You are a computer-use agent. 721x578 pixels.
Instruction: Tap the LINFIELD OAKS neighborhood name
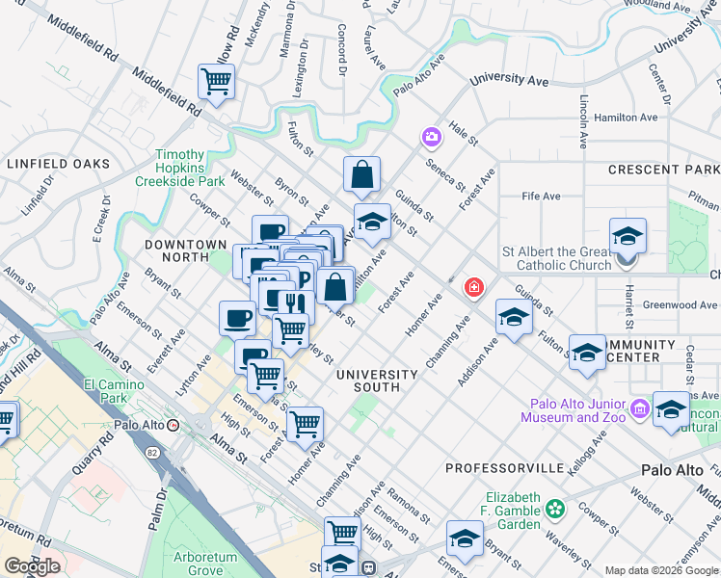58,164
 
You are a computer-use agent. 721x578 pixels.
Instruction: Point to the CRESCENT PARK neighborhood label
663,170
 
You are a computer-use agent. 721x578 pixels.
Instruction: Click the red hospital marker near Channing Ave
473,287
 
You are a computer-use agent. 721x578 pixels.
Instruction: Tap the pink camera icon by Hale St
431,138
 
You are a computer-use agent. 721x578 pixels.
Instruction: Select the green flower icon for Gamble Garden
554,508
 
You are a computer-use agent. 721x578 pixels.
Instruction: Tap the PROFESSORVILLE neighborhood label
505,467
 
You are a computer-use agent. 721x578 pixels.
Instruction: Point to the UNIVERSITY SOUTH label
376,380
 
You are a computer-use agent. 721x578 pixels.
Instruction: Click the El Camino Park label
107,389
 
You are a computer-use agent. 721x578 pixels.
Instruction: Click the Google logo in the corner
31,565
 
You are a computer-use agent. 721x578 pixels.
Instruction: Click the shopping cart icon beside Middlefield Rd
215,83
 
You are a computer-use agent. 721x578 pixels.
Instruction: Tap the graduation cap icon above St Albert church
628,235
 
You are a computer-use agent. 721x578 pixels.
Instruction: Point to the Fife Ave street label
541,197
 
